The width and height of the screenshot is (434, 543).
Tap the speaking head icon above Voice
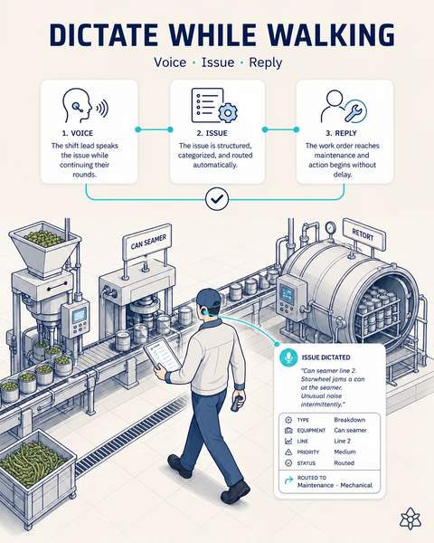85,106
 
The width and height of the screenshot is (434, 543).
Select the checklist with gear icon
214,106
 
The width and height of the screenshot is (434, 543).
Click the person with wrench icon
343,106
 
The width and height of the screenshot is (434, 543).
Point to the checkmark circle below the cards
217,199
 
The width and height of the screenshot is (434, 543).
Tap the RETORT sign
363,234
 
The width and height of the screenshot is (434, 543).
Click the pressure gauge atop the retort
331,228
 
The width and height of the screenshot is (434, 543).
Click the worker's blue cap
208,298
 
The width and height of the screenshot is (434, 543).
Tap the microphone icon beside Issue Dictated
288,357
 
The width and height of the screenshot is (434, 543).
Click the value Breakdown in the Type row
350,420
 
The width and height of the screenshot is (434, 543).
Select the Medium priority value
344,452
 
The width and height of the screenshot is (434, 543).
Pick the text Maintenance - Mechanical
335,485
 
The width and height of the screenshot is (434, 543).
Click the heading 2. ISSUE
212,133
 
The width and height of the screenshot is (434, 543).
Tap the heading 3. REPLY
341,133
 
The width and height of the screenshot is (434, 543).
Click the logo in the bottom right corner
410,519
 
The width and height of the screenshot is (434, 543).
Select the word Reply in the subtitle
266,62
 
